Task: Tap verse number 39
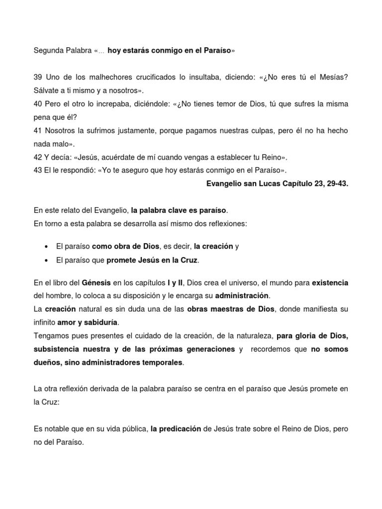38,78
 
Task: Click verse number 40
38,104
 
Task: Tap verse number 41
38,131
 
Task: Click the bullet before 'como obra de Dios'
46,247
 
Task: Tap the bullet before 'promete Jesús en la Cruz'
46,260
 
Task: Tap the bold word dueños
47,363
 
